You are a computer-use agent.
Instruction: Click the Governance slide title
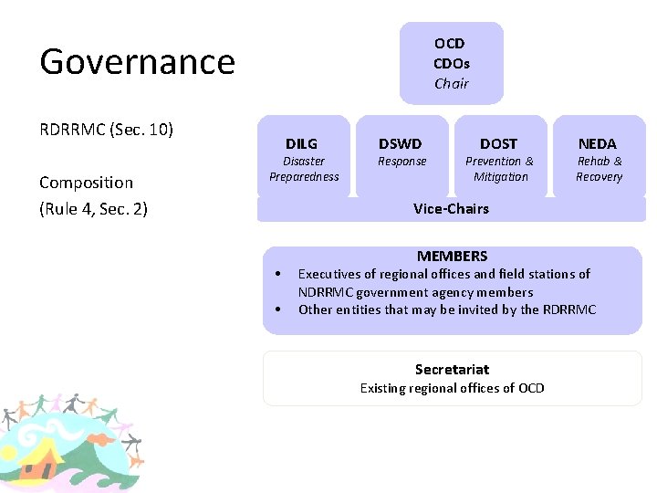[137, 62]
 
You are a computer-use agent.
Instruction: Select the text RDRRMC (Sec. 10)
[106, 129]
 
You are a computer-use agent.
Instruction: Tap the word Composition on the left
[86, 183]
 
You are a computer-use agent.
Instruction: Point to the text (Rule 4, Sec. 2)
[93, 209]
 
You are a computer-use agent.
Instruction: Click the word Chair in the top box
[451, 84]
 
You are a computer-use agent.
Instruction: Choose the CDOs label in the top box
[451, 63]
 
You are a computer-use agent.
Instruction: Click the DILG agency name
[301, 143]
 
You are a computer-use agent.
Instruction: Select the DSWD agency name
[401, 143]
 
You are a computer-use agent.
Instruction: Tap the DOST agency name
[498, 143]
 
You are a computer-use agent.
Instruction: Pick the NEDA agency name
[598, 143]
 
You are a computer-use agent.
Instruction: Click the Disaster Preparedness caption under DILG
[304, 169]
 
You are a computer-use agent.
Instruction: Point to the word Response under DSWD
[401, 162]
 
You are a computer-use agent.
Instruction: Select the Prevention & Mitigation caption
[500, 169]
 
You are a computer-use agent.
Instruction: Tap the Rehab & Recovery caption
[599, 169]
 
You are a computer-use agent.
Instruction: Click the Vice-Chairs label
[451, 208]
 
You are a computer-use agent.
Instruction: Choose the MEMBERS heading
[452, 257]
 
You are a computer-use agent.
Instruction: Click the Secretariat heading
[452, 370]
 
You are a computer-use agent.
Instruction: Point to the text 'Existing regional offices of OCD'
[452, 388]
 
